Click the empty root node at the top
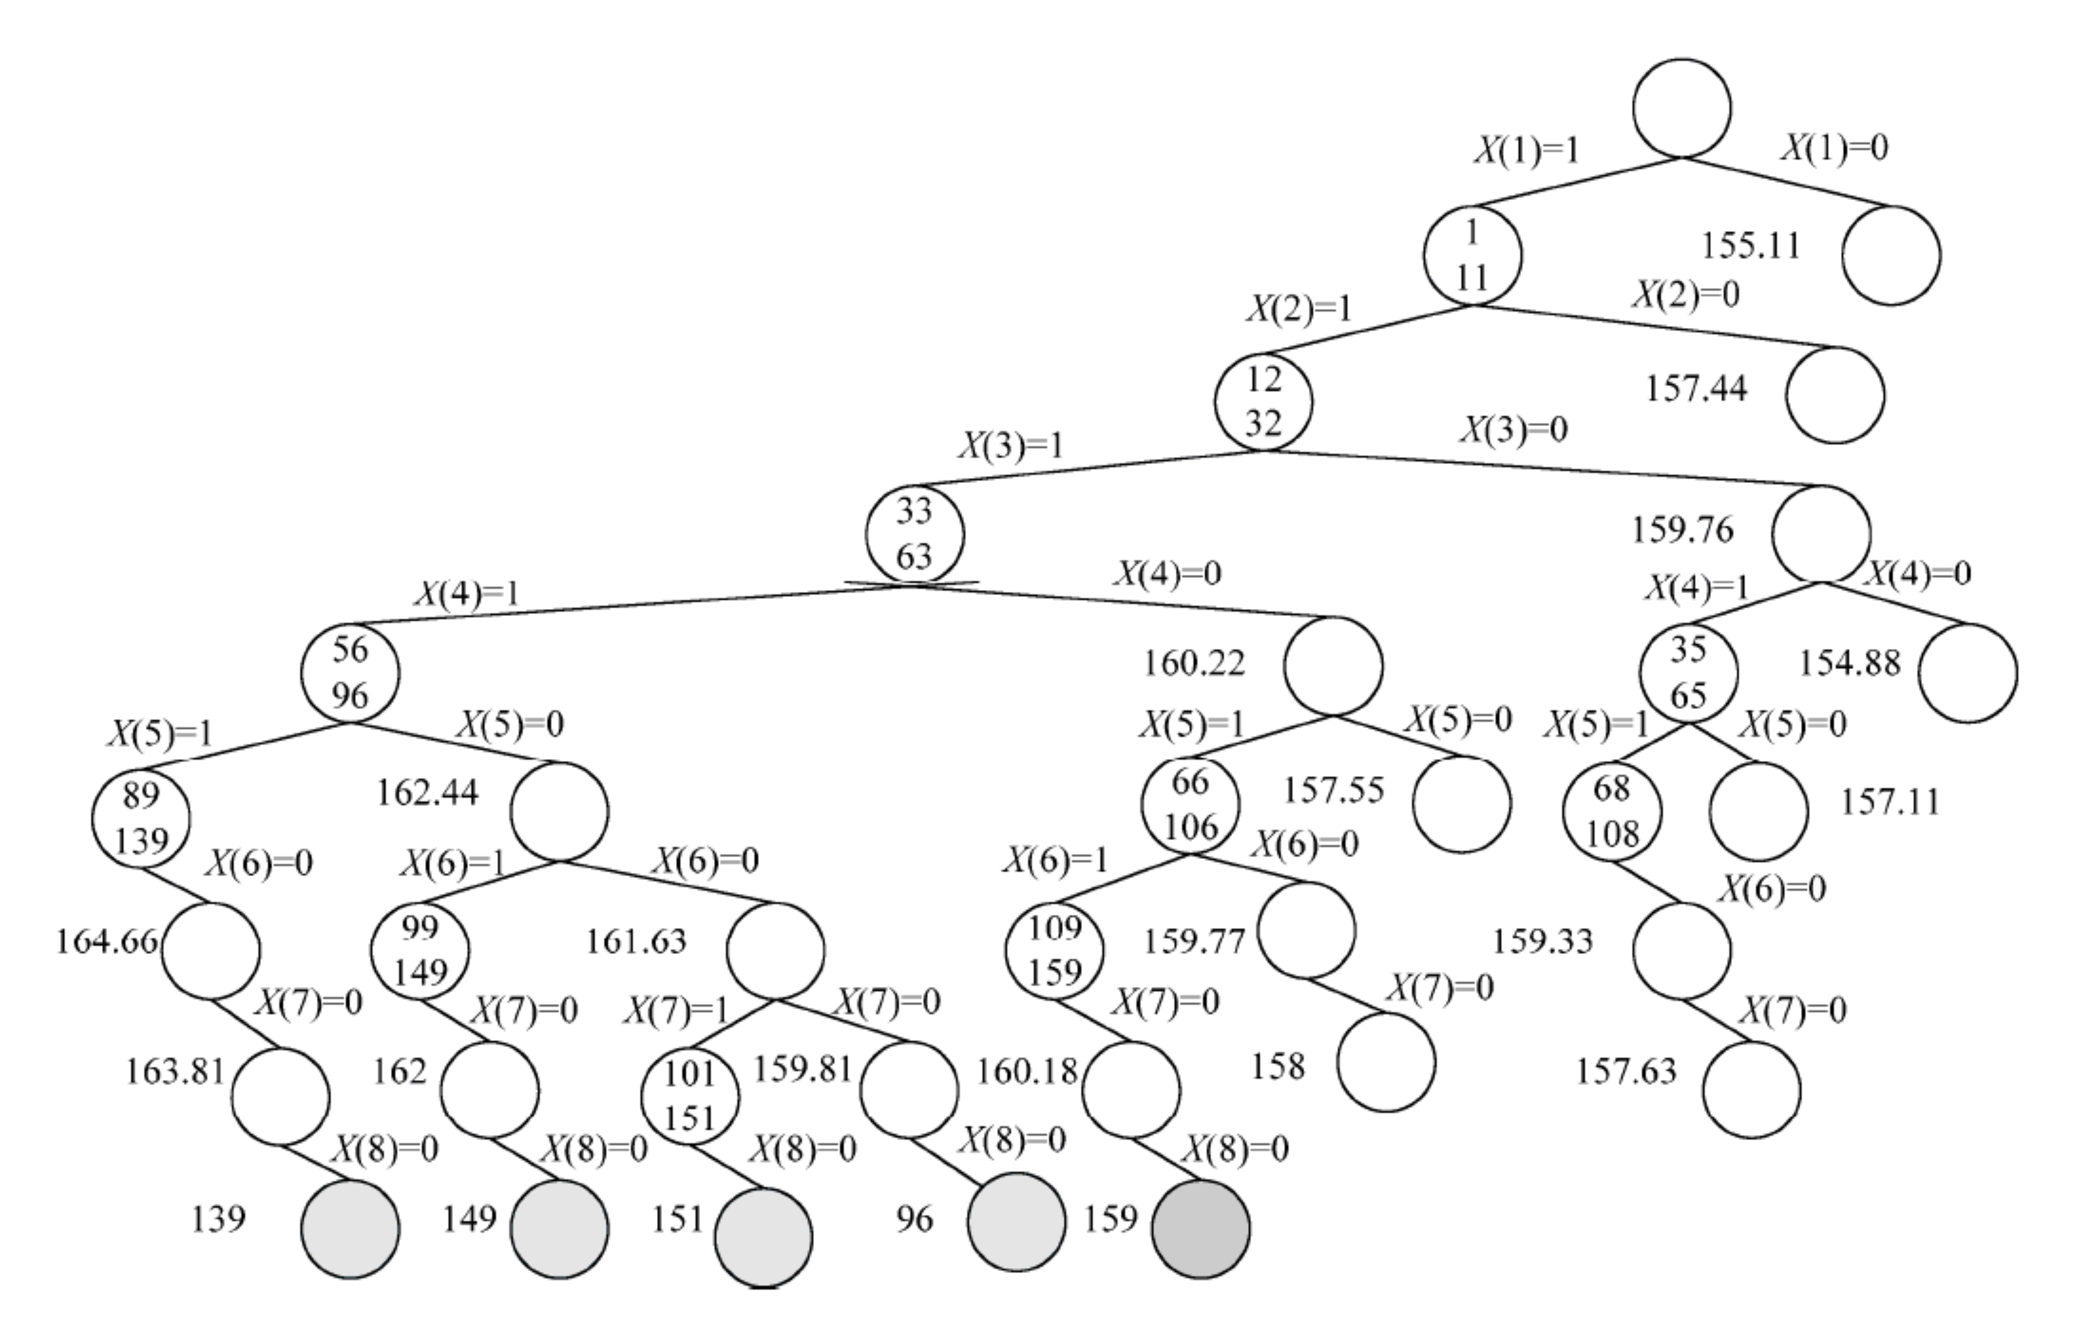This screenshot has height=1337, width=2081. click(1681, 108)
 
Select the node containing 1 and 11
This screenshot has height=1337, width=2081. click(1472, 255)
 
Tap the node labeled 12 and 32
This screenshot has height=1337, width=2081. click(1264, 401)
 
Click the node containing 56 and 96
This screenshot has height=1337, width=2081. click(350, 672)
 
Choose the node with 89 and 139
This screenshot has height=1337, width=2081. click(141, 818)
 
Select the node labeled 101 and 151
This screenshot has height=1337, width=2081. click(690, 1096)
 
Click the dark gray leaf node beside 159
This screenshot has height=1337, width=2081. click(1201, 1229)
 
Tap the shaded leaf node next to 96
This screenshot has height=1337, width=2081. click(1016, 1222)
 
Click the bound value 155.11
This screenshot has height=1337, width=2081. click(1750, 246)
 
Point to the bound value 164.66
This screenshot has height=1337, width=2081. click(107, 941)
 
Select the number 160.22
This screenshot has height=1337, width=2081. click(1194, 664)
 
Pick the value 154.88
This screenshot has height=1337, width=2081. click(1849, 664)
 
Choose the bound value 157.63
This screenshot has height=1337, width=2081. click(1626, 1071)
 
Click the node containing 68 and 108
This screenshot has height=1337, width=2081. click(1612, 811)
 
